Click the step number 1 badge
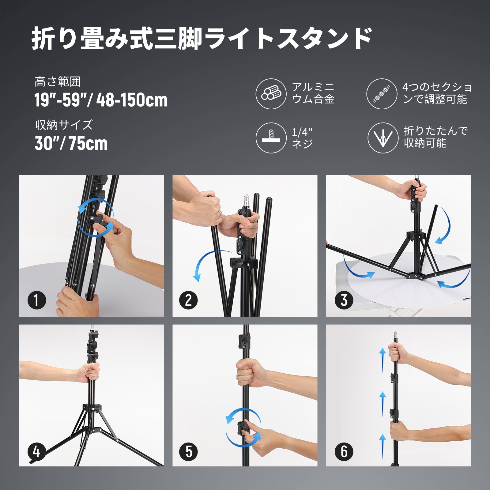[36, 300]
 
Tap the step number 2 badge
[189, 300]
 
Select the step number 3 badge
[344, 300]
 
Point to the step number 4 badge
[36, 452]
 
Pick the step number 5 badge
[189, 452]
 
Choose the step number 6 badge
[344, 452]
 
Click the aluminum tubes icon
[271, 94]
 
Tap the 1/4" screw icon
[271, 138]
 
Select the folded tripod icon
[383, 138]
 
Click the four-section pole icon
[382, 94]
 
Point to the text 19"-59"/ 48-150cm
[101, 100]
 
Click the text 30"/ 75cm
[71, 143]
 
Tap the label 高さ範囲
[58, 82]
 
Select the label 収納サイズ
[64, 125]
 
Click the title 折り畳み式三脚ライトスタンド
[202, 38]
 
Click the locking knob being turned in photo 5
[243, 426]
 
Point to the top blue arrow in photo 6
[383, 360]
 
